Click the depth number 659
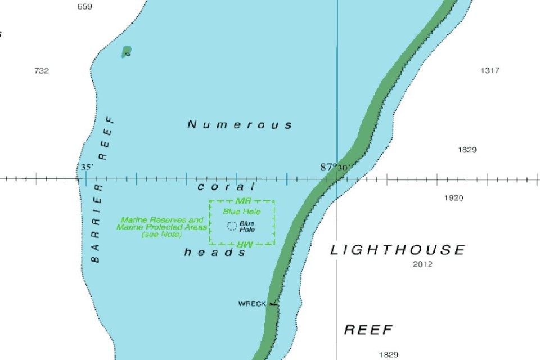coord(84,7)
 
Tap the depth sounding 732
coord(42,71)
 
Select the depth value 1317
coord(489,70)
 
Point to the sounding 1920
coord(453,198)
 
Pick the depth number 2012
coord(422,264)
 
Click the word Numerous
coord(240,124)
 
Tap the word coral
coord(226,187)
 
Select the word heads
coord(215,253)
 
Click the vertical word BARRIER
coord(96,223)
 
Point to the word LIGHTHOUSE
coord(398,250)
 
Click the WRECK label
coord(251,304)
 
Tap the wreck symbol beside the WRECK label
coord(273,304)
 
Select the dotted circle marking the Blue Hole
coord(231,226)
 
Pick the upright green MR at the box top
coord(243,201)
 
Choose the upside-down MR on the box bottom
coord(243,244)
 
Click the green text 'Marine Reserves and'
coord(162,220)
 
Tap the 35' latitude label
coord(87,168)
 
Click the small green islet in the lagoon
coord(127,52)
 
